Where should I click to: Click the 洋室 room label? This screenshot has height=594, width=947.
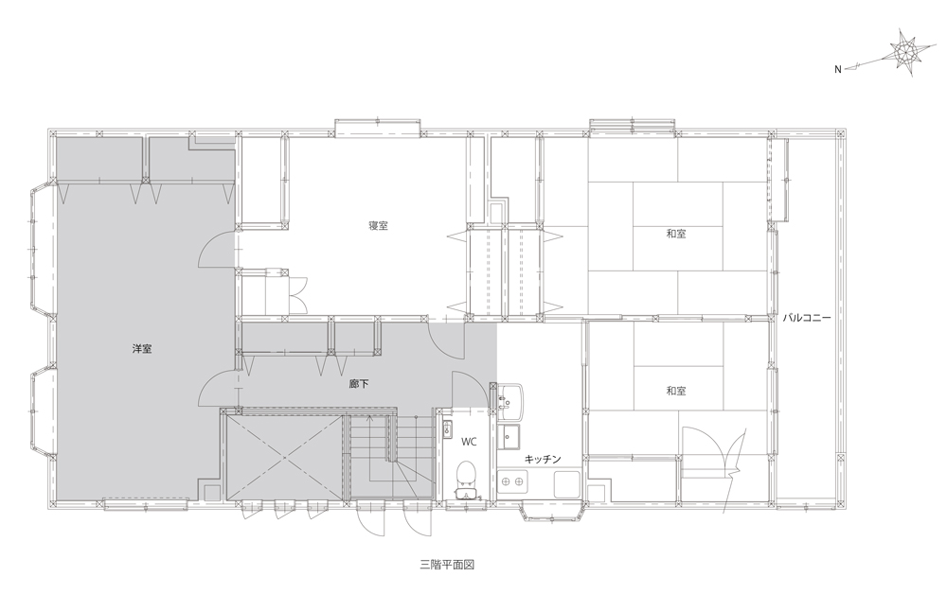tap(142, 349)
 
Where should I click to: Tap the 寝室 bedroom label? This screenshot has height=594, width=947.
tap(378, 225)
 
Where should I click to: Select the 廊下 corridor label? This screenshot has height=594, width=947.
tap(359, 383)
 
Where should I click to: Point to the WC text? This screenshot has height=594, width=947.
tap(470, 442)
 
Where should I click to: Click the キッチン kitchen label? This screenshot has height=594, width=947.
tap(543, 459)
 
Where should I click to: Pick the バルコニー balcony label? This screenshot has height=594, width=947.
tap(807, 317)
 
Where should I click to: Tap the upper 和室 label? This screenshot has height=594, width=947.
tap(676, 234)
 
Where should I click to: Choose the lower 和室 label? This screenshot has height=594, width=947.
tap(676, 391)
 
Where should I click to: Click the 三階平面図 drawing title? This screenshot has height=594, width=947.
tap(447, 565)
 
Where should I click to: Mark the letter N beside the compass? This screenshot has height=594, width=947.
tap(838, 69)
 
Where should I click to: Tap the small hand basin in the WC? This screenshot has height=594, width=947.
tap(448, 429)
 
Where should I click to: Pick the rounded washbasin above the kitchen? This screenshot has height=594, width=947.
tap(510, 399)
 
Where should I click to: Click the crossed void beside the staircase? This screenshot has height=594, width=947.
tap(284, 458)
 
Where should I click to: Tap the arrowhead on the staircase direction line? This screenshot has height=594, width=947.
tap(369, 417)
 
